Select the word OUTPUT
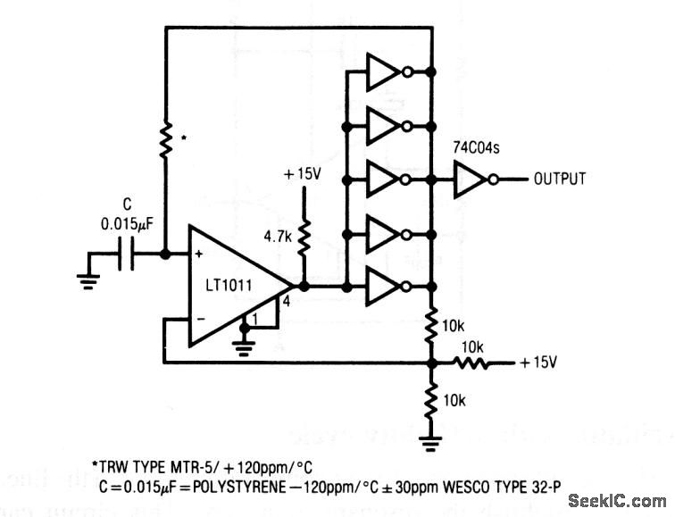click(560, 179)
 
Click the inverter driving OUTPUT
click(470, 179)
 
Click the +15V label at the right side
click(539, 363)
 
